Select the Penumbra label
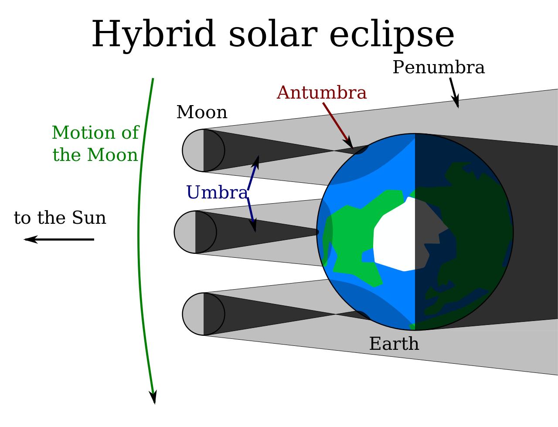439,68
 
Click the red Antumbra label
322,93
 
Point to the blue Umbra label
217,192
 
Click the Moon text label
202,113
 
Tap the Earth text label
394,344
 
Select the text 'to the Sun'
60,218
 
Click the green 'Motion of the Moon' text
95,143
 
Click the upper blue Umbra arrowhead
256,162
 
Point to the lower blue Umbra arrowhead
253,225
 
